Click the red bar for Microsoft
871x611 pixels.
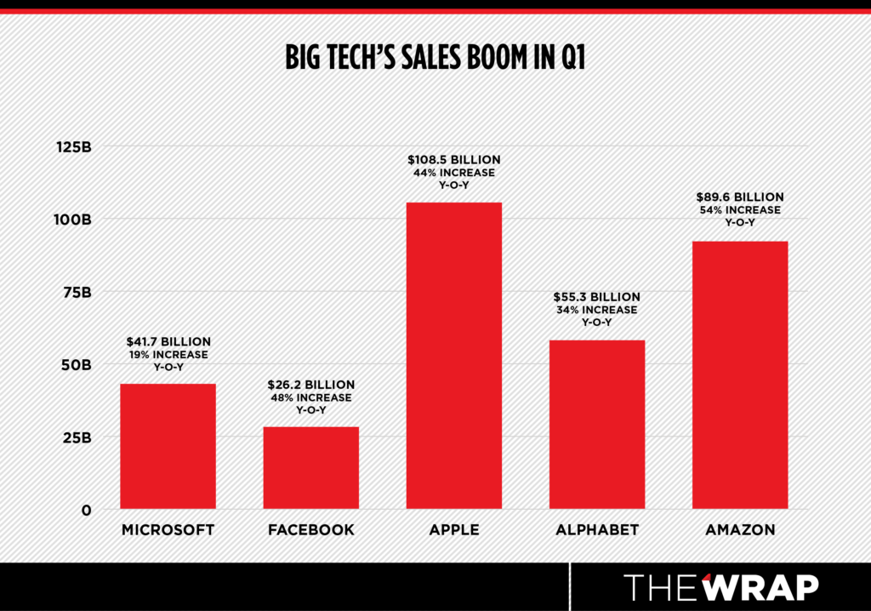168,446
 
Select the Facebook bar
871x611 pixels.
310,467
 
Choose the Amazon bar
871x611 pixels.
740,374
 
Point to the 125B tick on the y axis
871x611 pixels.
74,146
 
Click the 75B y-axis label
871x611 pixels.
74,292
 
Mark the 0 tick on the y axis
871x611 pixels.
85,510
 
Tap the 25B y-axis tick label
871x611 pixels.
74,437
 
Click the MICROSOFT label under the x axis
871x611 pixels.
168,530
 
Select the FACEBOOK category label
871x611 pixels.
310,530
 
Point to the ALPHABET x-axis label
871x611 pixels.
597,530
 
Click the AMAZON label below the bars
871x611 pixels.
740,530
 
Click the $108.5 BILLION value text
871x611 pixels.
454,159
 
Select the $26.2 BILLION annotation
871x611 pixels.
310,385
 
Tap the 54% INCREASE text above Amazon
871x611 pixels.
740,209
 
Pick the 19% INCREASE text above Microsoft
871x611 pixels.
168,354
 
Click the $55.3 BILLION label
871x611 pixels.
597,297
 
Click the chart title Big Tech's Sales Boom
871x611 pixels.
435,59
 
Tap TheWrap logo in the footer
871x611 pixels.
721,587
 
